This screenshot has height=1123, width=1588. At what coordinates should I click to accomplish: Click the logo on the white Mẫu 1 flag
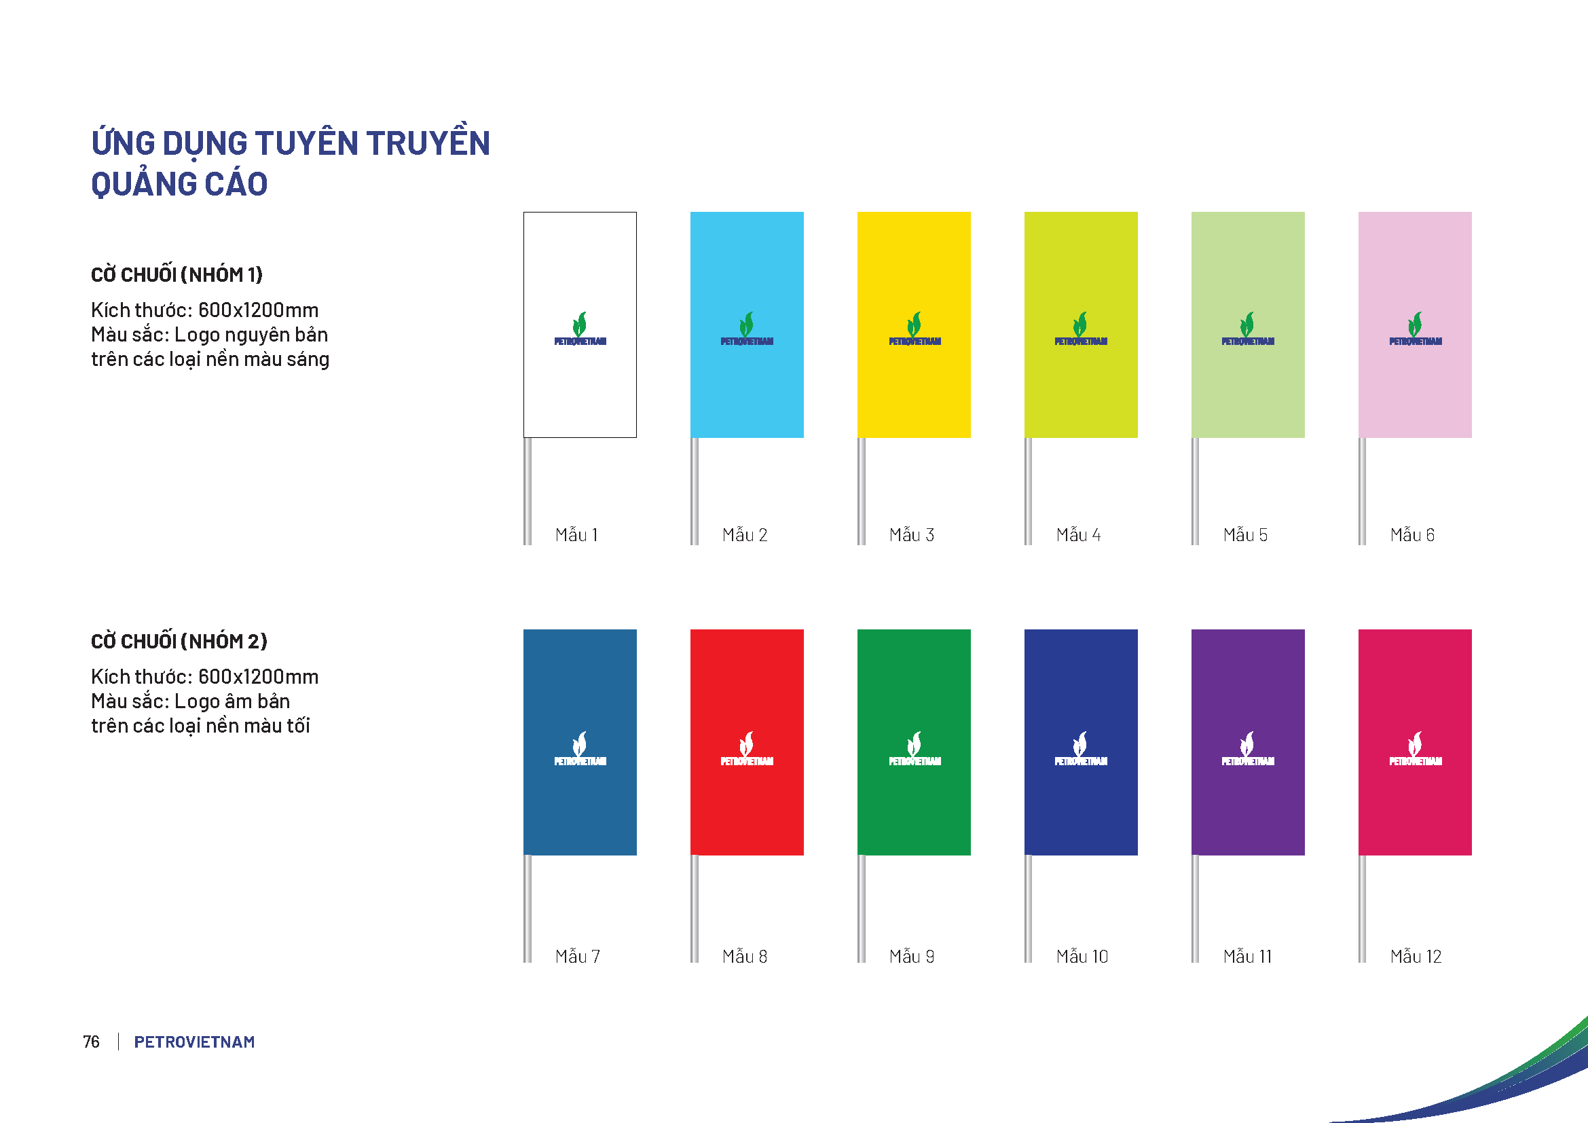click(x=580, y=329)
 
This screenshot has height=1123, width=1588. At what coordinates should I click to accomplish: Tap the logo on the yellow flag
click(x=915, y=329)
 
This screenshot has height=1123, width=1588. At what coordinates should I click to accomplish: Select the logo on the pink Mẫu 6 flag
click(x=1415, y=329)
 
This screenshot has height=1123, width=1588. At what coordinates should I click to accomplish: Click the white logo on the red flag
click(x=747, y=749)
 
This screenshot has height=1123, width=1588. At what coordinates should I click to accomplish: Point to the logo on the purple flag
click(x=1248, y=749)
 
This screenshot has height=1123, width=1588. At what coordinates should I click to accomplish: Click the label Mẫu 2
click(x=744, y=535)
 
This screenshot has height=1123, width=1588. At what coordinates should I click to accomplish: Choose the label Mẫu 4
click(x=1077, y=535)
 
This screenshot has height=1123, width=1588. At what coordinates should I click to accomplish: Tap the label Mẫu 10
click(x=1082, y=957)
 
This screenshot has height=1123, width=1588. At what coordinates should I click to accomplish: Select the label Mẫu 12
click(x=1416, y=957)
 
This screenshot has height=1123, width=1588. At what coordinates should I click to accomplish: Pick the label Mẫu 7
click(x=578, y=957)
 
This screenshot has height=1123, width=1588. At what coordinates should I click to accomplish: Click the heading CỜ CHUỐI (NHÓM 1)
click(x=177, y=274)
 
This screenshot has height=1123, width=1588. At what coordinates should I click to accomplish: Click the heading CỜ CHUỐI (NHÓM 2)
click(x=179, y=641)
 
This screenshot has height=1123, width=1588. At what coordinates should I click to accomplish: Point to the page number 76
click(x=91, y=1042)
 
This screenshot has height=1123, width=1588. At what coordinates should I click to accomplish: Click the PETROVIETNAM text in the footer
click(x=194, y=1042)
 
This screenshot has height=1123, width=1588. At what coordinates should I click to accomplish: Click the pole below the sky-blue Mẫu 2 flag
click(x=695, y=491)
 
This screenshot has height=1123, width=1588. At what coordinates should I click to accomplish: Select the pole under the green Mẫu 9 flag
click(x=861, y=908)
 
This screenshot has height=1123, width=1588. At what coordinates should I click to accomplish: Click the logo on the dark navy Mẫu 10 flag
click(x=1080, y=749)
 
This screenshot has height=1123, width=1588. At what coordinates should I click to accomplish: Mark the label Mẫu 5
click(x=1245, y=535)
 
